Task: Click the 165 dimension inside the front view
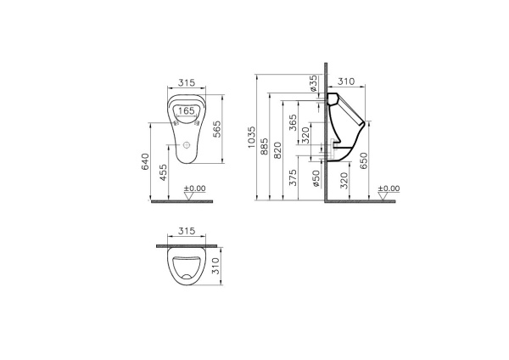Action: click(187, 110)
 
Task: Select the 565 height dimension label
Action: click(217, 128)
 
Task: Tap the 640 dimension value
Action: click(145, 160)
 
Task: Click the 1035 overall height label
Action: click(251, 138)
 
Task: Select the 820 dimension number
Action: click(279, 151)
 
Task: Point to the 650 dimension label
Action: click(364, 160)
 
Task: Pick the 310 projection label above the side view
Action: click(345, 82)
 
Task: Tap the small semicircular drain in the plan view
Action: click(186, 277)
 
